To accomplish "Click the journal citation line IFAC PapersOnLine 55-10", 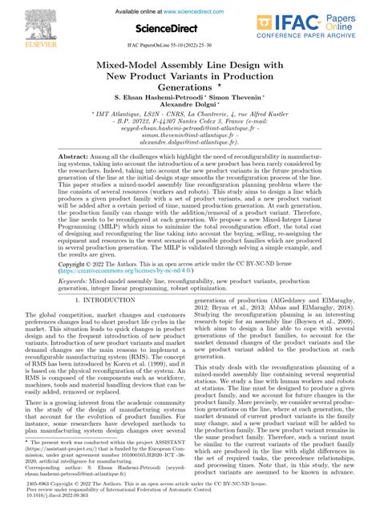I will click(x=189, y=49).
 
